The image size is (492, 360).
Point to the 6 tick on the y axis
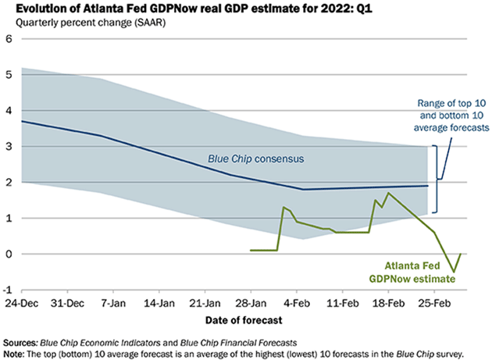9,39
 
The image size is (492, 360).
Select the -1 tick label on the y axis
8,290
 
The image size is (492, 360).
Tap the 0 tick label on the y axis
9,254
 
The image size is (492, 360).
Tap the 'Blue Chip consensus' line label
255,159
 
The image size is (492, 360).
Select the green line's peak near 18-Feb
388,193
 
